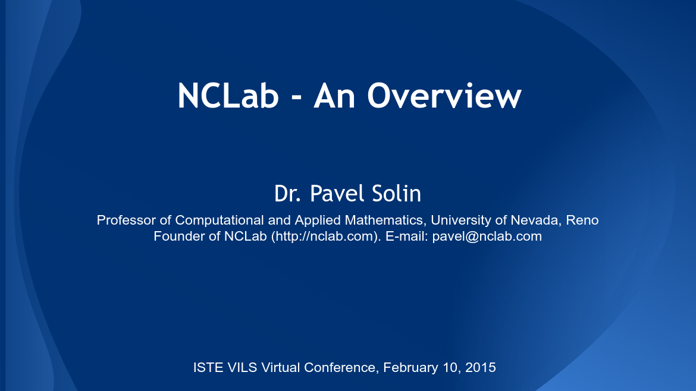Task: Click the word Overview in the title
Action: click(x=444, y=96)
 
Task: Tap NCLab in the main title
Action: click(x=228, y=96)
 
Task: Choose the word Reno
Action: click(x=582, y=220)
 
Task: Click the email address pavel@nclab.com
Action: click(x=487, y=236)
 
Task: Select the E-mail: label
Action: click(x=407, y=236)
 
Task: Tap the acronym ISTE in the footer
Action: click(x=208, y=367)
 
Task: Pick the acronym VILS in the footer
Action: click(x=242, y=367)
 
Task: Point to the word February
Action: click(x=410, y=367)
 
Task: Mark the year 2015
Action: click(x=481, y=367)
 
